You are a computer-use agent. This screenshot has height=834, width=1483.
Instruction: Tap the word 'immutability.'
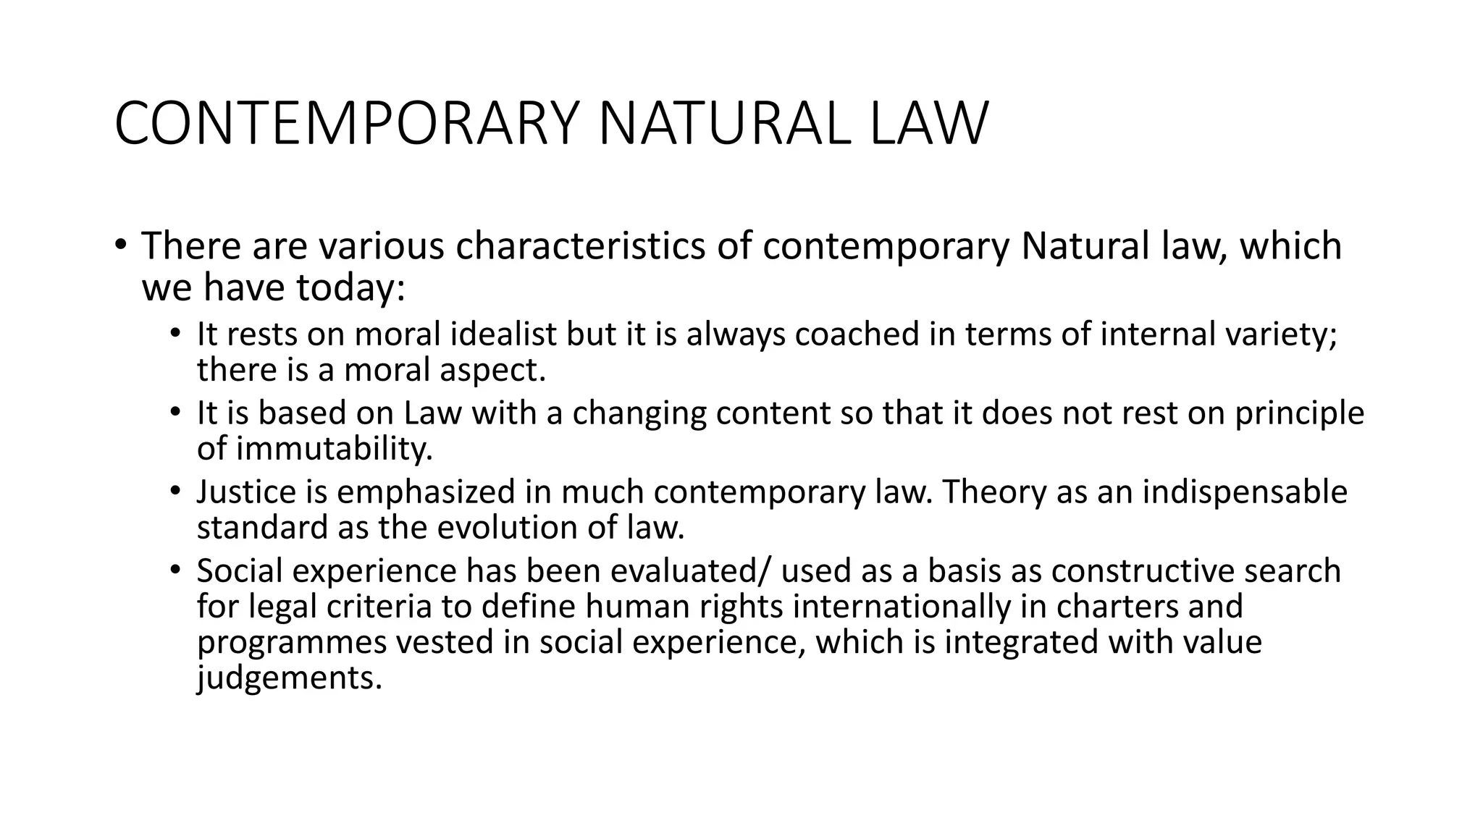pos(315,449)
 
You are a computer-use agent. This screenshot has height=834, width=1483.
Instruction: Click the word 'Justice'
pos(246,492)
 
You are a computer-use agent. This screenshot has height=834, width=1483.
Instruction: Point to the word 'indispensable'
pos(1244,492)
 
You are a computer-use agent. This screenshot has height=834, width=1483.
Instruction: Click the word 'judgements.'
pos(289,678)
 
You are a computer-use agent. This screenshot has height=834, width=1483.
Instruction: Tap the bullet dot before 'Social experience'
pos(175,570)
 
